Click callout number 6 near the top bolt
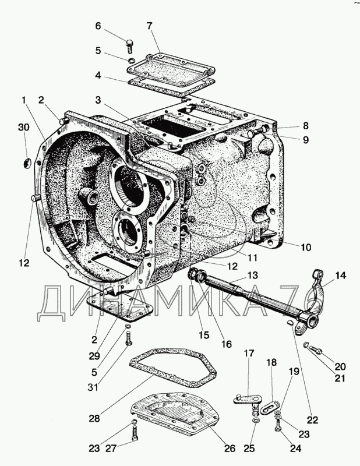(98, 26)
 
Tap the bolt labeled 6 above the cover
(129, 46)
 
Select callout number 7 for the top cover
(149, 26)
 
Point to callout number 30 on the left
(24, 127)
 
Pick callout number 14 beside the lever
(341, 276)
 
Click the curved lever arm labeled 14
(316, 293)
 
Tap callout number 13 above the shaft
(253, 275)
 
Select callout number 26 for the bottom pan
(230, 449)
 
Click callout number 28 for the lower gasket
(94, 418)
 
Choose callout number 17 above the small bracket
(249, 353)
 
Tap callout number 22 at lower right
(312, 420)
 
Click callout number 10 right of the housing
(306, 247)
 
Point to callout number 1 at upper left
(24, 100)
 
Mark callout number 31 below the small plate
(93, 387)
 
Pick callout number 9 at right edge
(306, 140)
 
